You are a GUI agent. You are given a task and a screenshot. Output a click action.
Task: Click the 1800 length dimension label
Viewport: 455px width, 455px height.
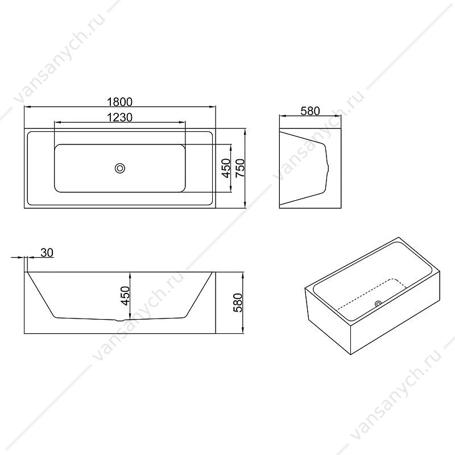pyautogui.click(x=119, y=102)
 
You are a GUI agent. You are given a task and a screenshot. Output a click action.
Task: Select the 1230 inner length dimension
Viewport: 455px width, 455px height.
pyautogui.click(x=119, y=117)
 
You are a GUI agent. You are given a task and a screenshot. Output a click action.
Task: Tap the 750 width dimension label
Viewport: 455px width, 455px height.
pyautogui.click(x=240, y=168)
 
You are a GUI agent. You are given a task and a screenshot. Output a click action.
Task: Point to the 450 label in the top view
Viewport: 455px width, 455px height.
pyautogui.click(x=226, y=168)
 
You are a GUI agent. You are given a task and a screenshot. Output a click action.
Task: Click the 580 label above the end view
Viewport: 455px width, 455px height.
pyautogui.click(x=310, y=111)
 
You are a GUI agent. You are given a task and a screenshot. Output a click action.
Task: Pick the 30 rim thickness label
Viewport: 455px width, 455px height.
pyautogui.click(x=47, y=253)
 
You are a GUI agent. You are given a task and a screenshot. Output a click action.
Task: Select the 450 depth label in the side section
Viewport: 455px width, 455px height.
pyautogui.click(x=125, y=296)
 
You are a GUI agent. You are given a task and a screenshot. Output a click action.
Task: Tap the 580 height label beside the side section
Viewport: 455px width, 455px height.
pyautogui.click(x=238, y=303)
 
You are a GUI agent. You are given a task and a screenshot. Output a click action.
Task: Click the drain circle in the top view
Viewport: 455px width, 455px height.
pyautogui.click(x=120, y=168)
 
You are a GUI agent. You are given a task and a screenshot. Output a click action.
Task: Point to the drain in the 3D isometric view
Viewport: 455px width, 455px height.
pyautogui.click(x=378, y=304)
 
